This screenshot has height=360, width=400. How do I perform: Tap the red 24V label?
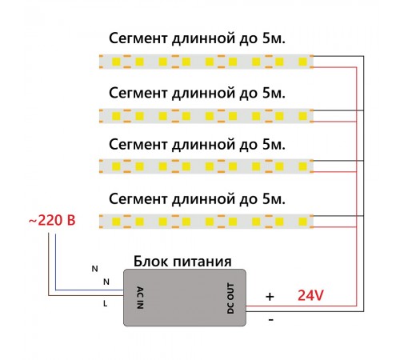tap(310, 295)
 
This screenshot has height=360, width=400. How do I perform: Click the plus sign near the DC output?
tap(270, 297)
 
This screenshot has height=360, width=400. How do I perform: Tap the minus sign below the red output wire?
tap(270, 320)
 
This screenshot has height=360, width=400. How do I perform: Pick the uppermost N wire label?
tap(94, 268)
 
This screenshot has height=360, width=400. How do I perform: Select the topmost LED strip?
tap(206, 61)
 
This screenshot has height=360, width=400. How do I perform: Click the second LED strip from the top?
tap(206, 114)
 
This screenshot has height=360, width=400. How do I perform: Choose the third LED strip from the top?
tap(206, 166)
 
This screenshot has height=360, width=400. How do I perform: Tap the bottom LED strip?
tap(206, 219)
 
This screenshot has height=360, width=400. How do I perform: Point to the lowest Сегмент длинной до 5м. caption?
tap(196, 197)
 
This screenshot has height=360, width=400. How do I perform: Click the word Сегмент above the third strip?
tap(138, 145)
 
